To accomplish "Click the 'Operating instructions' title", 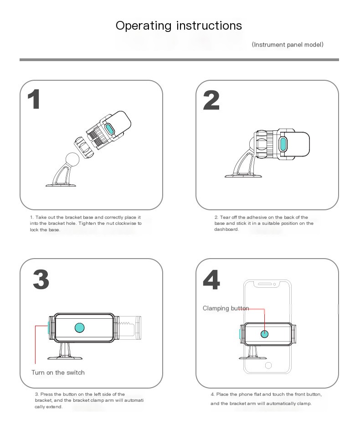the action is pyautogui.click(x=179, y=26).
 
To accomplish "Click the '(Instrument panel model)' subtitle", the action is pyautogui.click(x=288, y=45).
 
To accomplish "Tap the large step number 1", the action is pyautogui.click(x=34, y=99).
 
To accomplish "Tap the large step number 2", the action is pyautogui.click(x=211, y=100).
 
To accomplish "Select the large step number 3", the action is pyautogui.click(x=41, y=280).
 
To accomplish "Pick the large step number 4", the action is pyautogui.click(x=211, y=280).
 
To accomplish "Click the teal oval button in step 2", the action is pyautogui.click(x=283, y=144).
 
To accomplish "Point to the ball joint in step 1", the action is pyautogui.click(x=72, y=160).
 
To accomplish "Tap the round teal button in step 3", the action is pyautogui.click(x=80, y=327).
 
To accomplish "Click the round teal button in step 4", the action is pyautogui.click(x=264, y=334).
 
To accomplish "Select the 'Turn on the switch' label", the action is pyautogui.click(x=58, y=373).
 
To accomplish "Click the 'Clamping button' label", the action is pyautogui.click(x=226, y=308).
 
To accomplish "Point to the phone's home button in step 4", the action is pyautogui.click(x=268, y=365).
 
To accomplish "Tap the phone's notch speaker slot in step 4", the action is pyautogui.click(x=264, y=284).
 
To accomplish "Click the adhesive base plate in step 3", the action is pyautogui.click(x=65, y=358).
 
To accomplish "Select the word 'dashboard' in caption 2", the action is pyautogui.click(x=226, y=229).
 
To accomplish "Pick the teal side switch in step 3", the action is pyautogui.click(x=49, y=328).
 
